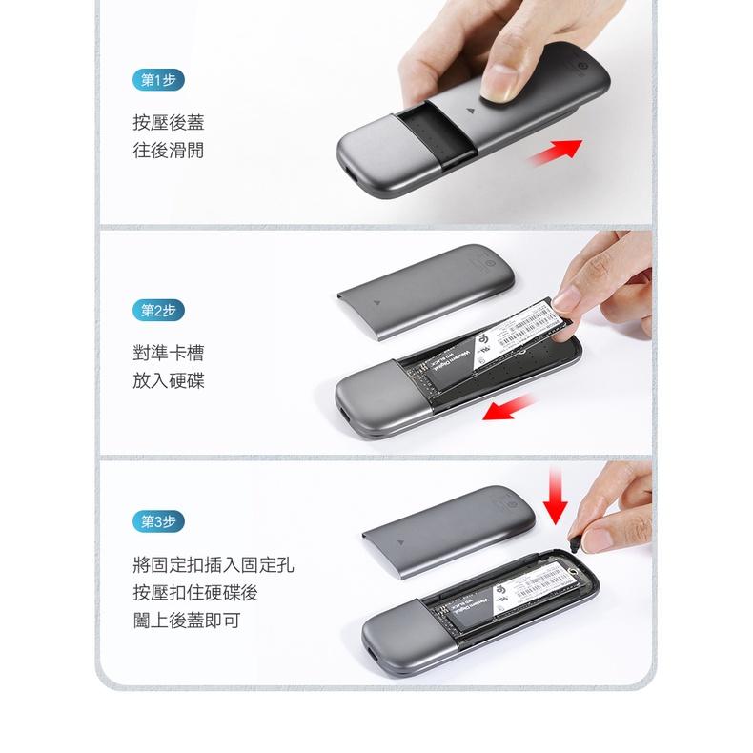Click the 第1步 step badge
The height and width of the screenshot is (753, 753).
tap(157, 79)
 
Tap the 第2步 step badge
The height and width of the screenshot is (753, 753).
tap(157, 310)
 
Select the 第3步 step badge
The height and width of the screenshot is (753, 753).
tap(157, 521)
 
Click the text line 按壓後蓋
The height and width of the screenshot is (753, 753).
tap(168, 122)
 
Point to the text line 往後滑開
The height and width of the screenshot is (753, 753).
tap(168, 151)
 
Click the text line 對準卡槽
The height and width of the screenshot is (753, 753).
tap(168, 354)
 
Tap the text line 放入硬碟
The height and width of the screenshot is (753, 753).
tap(168, 381)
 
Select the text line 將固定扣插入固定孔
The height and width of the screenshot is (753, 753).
tap(213, 565)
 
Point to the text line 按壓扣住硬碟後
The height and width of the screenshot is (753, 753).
tap(194, 593)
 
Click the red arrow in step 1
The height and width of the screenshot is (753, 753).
tap(557, 150)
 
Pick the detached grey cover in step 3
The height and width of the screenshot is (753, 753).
tap(445, 529)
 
